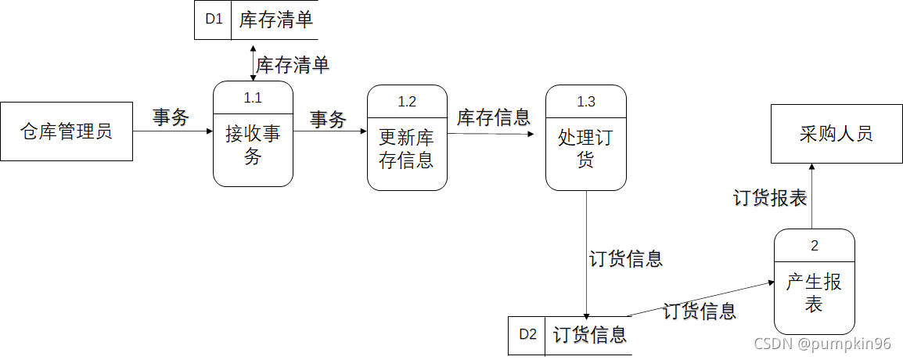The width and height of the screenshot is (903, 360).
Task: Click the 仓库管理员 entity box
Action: tap(67, 131)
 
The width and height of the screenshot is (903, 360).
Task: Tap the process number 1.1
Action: tap(253, 98)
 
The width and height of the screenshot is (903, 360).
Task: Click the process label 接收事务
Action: tap(253, 146)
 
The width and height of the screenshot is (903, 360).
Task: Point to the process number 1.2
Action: tap(407, 102)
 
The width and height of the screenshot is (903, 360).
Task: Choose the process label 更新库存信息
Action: tap(407, 149)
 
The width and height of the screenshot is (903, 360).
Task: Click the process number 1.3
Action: tap(586, 102)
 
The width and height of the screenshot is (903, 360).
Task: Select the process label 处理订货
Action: tap(586, 149)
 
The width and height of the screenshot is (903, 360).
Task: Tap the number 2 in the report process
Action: tap(815, 246)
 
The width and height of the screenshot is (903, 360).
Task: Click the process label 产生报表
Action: tap(815, 293)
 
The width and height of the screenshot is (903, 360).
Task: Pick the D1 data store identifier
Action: tap(214, 20)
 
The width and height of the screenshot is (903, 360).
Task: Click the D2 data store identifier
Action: tap(527, 335)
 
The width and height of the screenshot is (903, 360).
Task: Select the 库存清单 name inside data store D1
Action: tap(276, 20)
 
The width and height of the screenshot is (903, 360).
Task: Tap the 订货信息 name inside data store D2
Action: tap(590, 335)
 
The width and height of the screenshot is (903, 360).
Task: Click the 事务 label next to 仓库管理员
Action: tap(171, 117)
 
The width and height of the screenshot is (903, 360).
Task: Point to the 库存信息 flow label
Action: tap(494, 117)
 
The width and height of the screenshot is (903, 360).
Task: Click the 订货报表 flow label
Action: tap(770, 198)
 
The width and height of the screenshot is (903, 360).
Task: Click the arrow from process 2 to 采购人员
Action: tap(811, 196)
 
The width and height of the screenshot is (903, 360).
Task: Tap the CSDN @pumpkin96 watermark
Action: tap(822, 344)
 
